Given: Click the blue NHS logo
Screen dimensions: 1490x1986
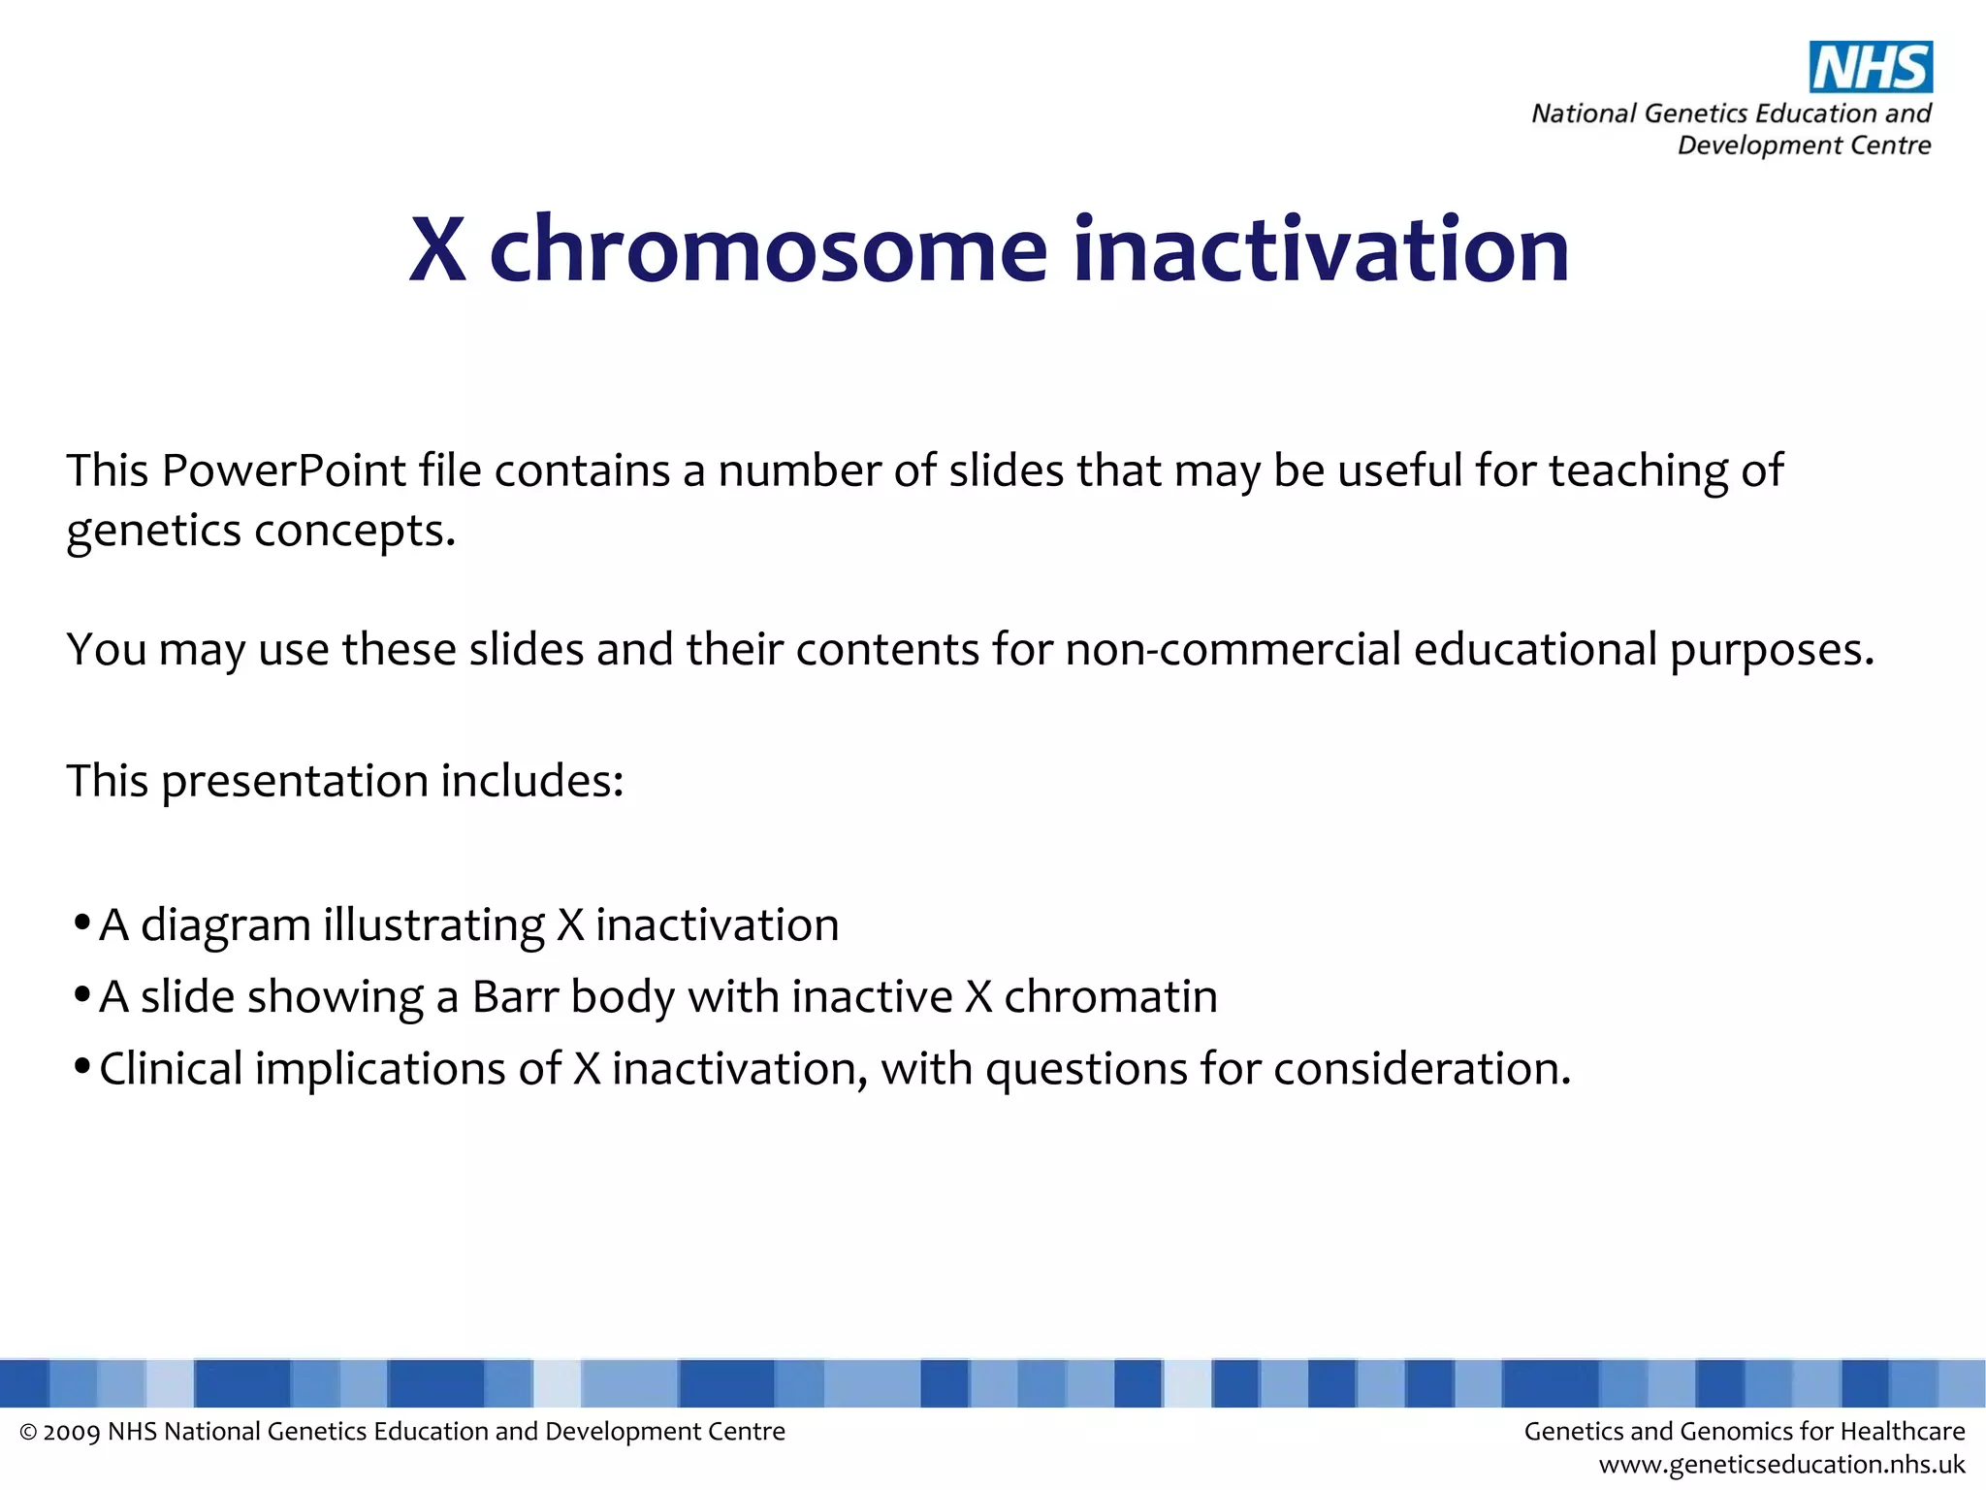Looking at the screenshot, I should pyautogui.click(x=1871, y=68).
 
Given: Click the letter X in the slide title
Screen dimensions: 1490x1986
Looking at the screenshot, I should pyautogui.click(x=437, y=251).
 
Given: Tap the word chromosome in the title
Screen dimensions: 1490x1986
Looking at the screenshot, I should pyautogui.click(x=768, y=251).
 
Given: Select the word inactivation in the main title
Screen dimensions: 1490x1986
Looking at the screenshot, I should pyautogui.click(x=1321, y=251).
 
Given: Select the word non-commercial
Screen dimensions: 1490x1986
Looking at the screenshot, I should pyautogui.click(x=1233, y=649).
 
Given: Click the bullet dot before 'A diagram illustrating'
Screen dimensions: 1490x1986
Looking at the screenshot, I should pyautogui.click(x=82, y=922).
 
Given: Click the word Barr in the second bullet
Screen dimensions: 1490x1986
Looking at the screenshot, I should pyautogui.click(x=515, y=997).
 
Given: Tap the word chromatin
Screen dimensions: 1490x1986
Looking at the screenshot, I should pyautogui.click(x=1110, y=997).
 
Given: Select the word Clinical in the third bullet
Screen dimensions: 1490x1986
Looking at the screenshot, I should pyautogui.click(x=171, y=1069).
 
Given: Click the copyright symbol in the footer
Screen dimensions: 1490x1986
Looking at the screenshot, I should pyautogui.click(x=28, y=1433).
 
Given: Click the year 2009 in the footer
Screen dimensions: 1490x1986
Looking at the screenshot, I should pyautogui.click(x=72, y=1433).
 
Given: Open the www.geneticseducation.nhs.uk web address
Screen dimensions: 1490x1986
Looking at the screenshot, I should pyautogui.click(x=1781, y=1465).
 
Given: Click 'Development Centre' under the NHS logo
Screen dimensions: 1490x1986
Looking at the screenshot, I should pyautogui.click(x=1804, y=146).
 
